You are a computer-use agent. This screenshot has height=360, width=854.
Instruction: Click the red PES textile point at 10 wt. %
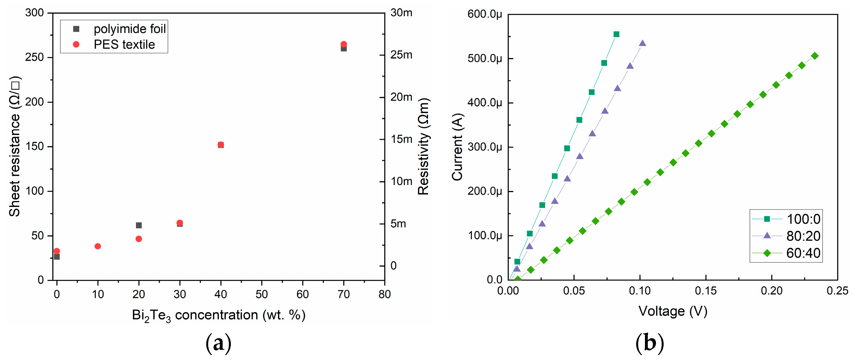(98, 246)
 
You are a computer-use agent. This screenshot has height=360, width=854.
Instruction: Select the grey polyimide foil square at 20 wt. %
(139, 225)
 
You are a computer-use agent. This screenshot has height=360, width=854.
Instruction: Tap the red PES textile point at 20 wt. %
(139, 239)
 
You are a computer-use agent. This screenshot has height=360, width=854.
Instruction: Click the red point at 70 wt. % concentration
(344, 44)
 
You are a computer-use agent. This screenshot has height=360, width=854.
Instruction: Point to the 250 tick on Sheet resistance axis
(35, 57)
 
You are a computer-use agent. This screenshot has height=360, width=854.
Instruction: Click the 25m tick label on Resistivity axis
(401, 55)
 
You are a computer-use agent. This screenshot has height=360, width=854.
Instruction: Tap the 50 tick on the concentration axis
(262, 294)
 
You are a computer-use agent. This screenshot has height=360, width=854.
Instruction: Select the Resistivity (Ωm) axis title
(423, 146)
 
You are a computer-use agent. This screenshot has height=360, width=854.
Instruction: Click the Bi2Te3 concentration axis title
(218, 315)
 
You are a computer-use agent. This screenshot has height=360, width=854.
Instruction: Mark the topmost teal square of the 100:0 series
(616, 34)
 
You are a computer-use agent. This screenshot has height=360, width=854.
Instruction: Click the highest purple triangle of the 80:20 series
(642, 43)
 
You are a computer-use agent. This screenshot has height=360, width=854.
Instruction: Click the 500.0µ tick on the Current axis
(484, 59)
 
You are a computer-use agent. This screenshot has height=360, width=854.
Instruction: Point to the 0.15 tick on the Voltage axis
(705, 291)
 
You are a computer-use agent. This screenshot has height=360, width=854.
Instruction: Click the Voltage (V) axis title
(673, 311)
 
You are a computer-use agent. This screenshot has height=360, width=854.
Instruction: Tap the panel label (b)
(649, 343)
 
